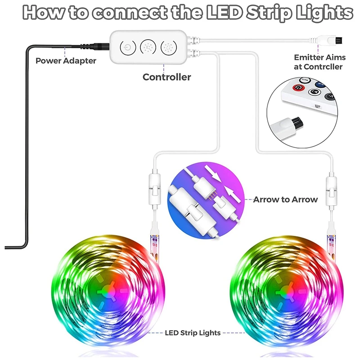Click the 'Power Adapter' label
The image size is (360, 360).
pyautogui.click(x=66, y=60)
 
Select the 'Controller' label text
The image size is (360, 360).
pyautogui.click(x=166, y=77)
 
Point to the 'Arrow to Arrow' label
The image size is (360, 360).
pyautogui.click(x=285, y=199)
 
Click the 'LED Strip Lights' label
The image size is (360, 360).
pyautogui.click(x=193, y=333)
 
